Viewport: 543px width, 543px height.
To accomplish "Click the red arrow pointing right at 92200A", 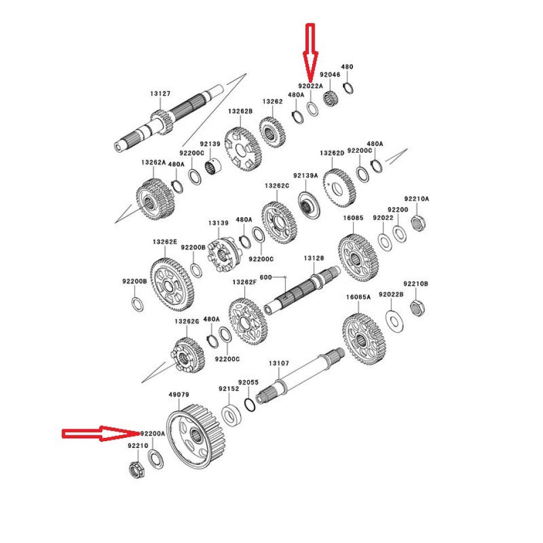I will pos(100,434).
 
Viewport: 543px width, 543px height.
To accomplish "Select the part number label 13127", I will pos(160,93).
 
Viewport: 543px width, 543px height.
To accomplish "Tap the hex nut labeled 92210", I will pos(135,469).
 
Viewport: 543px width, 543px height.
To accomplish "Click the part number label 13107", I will pos(279,363).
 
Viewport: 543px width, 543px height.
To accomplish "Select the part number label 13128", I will pos(313,258).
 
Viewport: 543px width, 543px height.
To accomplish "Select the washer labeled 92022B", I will pos(393,320).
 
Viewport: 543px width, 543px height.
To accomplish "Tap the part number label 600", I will pos(265,277).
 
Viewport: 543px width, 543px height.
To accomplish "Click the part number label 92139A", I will pos(305,176).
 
